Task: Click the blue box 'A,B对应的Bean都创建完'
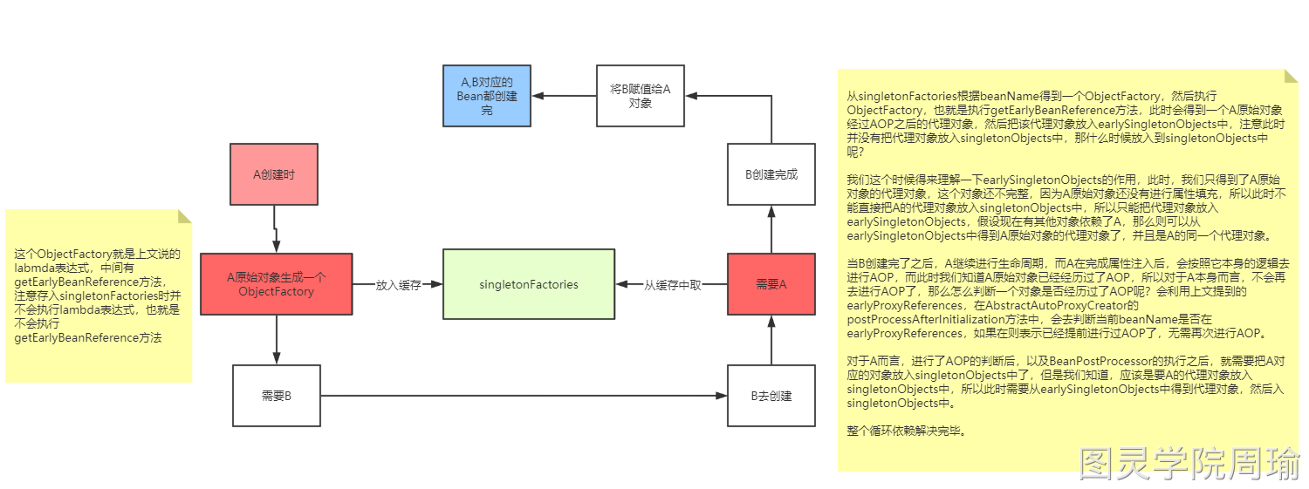pos(487,96)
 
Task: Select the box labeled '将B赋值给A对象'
pos(640,95)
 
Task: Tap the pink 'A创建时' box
pos(274,174)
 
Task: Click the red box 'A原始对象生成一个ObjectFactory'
pos(276,284)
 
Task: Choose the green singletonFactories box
pos(529,284)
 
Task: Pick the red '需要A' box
pos(771,284)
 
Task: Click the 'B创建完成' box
pos(771,174)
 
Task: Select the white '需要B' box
pos(276,396)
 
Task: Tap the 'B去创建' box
pos(771,396)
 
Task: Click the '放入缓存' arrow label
pos(398,285)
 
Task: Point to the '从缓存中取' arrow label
pos(672,285)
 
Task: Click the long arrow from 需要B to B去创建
pos(524,396)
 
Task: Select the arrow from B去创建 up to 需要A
pos(771,340)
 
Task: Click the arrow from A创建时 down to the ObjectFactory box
pos(275,228)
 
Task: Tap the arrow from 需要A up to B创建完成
pos(771,229)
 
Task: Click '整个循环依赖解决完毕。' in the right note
pos(907,431)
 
